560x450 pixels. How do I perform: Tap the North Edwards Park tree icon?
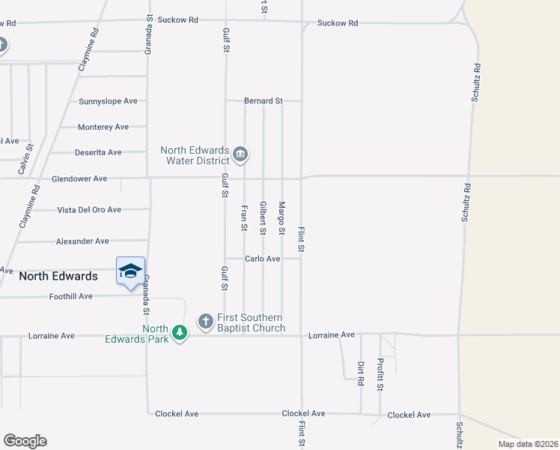[179, 331]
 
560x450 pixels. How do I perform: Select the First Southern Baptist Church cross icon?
[205, 322]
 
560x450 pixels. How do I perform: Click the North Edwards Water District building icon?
[240, 155]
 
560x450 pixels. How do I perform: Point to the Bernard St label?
[264, 100]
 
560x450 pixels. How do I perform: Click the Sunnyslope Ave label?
[109, 100]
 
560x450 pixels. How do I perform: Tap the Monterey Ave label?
[103, 127]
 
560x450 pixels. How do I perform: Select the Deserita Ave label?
[98, 152]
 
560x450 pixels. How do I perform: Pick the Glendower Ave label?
[79, 179]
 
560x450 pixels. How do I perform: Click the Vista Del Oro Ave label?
[89, 210]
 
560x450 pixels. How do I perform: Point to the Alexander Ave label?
[82, 241]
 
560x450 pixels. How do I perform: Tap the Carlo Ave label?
[263, 259]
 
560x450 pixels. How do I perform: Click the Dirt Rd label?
[360, 373]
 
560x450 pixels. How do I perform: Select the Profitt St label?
[380, 374]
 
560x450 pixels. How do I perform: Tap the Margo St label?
[282, 217]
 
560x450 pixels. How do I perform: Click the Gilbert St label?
[263, 217]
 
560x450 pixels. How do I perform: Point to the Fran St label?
[244, 217]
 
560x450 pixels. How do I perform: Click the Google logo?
[25, 441]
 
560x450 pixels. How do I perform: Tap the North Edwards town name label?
[58, 276]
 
